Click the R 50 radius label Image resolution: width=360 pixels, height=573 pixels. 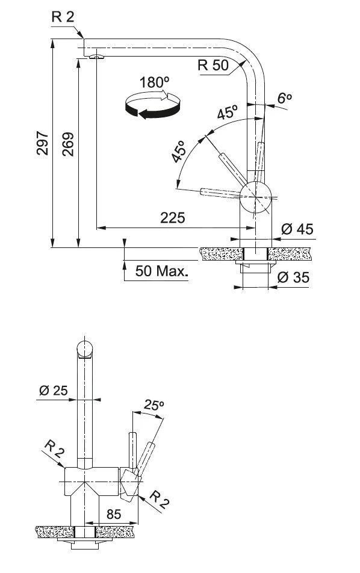[x=213, y=66]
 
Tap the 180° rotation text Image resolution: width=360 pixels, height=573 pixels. [x=153, y=82]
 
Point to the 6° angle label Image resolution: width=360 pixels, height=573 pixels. [x=284, y=98]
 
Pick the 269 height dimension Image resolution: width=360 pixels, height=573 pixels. [x=67, y=143]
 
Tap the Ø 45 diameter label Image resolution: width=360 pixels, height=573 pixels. [x=297, y=229]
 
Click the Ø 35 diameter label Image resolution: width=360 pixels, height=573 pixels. [x=293, y=277]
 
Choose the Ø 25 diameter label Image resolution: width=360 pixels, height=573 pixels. [x=53, y=391]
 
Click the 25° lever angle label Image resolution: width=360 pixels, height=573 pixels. [x=154, y=406]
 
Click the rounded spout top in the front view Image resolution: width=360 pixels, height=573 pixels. [x=85, y=348]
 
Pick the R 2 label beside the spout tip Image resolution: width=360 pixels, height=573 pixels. [x=63, y=16]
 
